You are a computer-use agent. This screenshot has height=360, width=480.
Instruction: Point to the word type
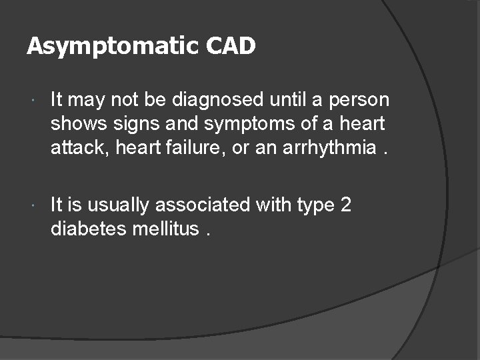312,205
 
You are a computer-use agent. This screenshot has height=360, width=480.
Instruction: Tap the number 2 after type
345,205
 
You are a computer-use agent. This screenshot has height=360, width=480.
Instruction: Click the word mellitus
167,229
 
